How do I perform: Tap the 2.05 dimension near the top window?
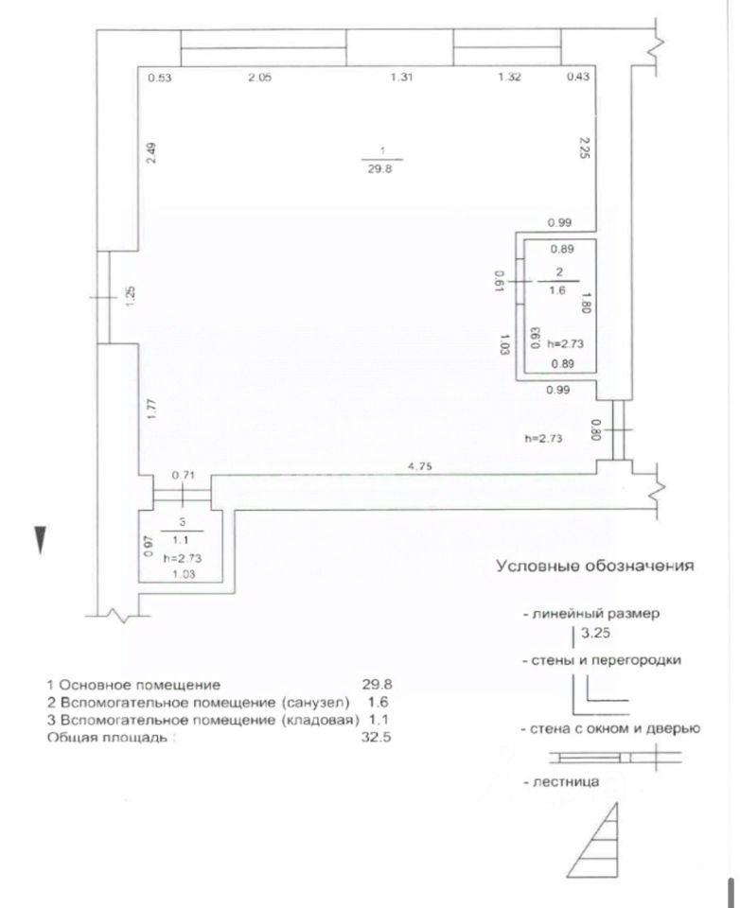pos(259,78)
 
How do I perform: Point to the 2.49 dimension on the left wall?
pos(152,154)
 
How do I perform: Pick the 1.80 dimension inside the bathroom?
pos(587,302)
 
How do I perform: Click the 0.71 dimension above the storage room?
pos(183,476)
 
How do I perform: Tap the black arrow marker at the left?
pos(40,539)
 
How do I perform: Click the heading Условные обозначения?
pos(595,567)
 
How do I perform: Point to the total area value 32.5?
pos(377,736)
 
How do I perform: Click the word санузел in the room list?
pos(314,702)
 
